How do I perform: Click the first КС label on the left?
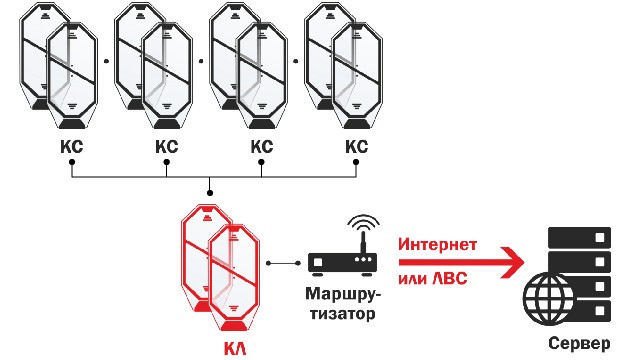[x=72, y=147]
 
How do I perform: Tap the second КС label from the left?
[x=166, y=147]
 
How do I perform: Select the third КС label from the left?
[x=261, y=147]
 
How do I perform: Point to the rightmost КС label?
[x=355, y=147]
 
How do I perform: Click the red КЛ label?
[x=232, y=350]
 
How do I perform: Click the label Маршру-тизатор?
[x=341, y=305]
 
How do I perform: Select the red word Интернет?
[x=436, y=244]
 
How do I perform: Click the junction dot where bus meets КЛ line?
[x=208, y=191]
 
